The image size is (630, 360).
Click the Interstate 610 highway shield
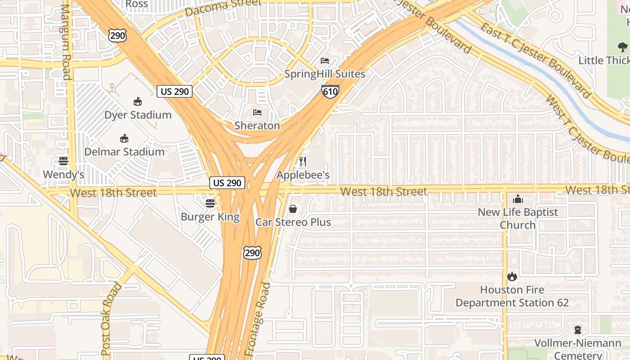(330, 91)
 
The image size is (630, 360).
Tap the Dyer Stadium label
(138, 115)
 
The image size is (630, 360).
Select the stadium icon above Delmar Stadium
(124, 139)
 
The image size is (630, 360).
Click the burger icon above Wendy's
(63, 161)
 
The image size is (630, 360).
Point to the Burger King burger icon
(210, 203)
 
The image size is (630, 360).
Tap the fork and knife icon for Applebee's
(303, 162)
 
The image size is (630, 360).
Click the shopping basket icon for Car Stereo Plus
(292, 209)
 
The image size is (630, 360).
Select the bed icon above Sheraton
(257, 112)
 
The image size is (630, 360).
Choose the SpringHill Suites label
(324, 74)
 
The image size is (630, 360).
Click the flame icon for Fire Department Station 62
(512, 276)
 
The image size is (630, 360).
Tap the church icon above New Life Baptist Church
(518, 198)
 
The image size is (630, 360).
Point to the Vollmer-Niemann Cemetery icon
(577, 330)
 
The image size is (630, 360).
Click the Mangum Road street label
(66, 42)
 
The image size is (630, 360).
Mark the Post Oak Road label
(110, 319)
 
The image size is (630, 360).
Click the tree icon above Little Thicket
(623, 47)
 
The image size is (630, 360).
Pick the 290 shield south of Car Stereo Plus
(252, 253)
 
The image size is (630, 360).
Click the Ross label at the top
(136, 4)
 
